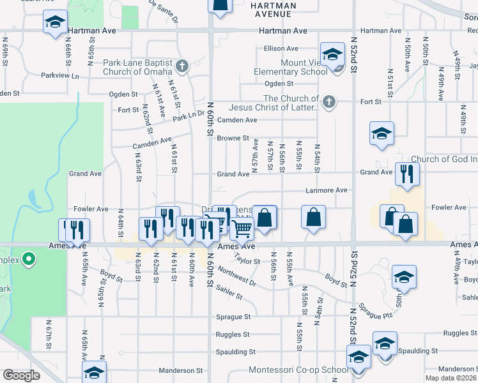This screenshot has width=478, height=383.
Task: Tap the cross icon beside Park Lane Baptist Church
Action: coord(182,65)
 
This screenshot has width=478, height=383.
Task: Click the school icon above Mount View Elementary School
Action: coord(332,56)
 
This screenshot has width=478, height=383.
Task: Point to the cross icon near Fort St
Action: coord(329,101)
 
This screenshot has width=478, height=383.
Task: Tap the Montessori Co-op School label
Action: coord(298,370)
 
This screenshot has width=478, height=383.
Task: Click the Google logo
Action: coord(21,375)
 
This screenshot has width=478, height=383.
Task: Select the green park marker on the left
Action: coord(28,259)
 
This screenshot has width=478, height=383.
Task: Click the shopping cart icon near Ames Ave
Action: coord(242,228)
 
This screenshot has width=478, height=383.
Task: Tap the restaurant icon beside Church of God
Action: coord(407,173)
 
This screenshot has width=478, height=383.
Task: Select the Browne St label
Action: coord(233,138)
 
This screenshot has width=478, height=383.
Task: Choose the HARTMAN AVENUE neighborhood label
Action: coord(274,10)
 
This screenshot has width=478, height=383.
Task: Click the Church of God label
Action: coord(443,159)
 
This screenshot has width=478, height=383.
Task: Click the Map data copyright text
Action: coord(451,378)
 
